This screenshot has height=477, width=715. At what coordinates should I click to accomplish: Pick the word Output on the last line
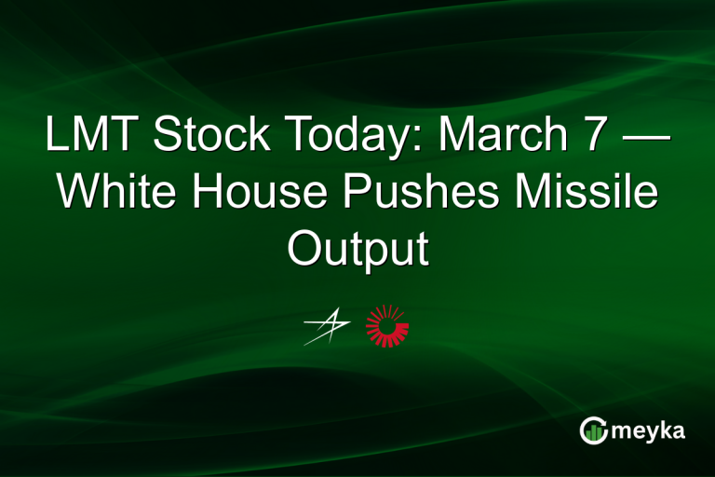(x=357, y=249)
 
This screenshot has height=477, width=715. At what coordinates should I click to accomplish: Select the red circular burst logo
(x=387, y=325)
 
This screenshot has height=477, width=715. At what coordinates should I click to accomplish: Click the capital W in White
(x=76, y=194)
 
